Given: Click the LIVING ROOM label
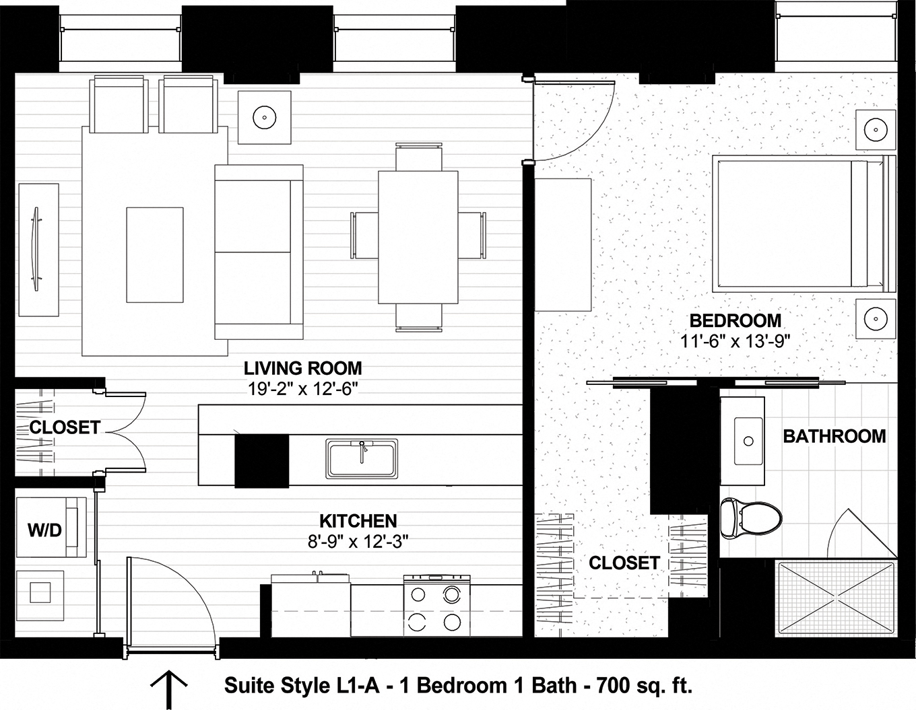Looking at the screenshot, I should pyautogui.click(x=302, y=368).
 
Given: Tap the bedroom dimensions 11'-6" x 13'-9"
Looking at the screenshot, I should pyautogui.click(x=734, y=341).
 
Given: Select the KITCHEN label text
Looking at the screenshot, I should pyautogui.click(x=358, y=520).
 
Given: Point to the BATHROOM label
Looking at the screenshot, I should pyautogui.click(x=834, y=436).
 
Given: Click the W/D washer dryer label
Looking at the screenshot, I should pyautogui.click(x=44, y=530).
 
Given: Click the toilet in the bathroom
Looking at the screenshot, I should pyautogui.click(x=750, y=519).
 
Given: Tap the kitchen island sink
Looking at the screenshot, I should pyautogui.click(x=362, y=459).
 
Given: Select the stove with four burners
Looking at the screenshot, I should pyautogui.click(x=435, y=604).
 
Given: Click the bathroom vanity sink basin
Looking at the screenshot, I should pyautogui.click(x=748, y=441).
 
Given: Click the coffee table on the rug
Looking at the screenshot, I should pyautogui.click(x=155, y=255).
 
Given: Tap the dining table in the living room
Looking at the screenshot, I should pyautogui.click(x=418, y=238).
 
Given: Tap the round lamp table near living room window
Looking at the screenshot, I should pyautogui.click(x=265, y=117).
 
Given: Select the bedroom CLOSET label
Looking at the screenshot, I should pyautogui.click(x=624, y=563).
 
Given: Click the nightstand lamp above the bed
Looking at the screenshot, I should pyautogui.click(x=876, y=128).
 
